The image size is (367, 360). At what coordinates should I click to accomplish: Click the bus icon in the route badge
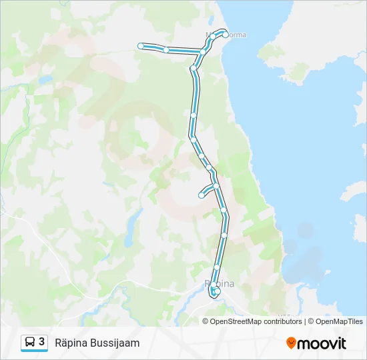click(30, 343)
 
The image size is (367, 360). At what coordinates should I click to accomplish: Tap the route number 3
click(42, 342)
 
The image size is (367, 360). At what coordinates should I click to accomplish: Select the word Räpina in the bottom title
click(72, 343)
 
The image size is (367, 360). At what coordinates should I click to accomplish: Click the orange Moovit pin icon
click(291, 343)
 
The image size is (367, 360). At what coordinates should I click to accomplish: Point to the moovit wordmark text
click(322, 343)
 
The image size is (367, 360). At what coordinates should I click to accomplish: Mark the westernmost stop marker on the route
click(141, 45)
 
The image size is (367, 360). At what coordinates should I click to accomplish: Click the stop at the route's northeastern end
click(226, 35)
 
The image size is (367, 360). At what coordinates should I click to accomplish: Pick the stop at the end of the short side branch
click(201, 195)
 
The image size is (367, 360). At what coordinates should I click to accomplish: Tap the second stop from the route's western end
click(166, 49)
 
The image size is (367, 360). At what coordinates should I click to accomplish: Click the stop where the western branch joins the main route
click(202, 51)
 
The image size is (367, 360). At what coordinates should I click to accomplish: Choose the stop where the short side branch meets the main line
click(216, 185)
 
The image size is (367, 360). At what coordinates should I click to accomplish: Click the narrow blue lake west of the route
click(133, 221)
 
